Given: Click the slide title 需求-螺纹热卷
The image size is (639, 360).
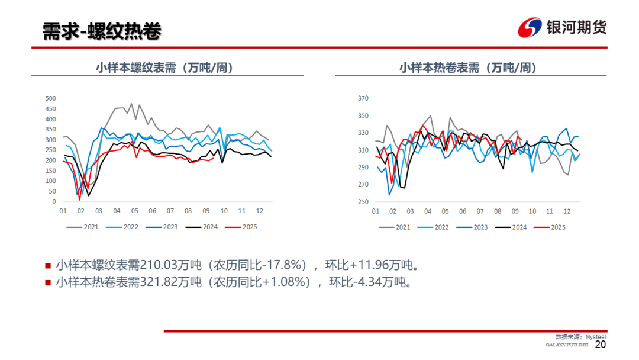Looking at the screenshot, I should tap(102, 32).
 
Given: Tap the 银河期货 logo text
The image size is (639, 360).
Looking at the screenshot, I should tap(576, 27).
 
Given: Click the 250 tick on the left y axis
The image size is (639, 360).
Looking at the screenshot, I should tap(50, 150).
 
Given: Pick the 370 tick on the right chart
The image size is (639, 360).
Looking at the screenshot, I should tap(363, 99).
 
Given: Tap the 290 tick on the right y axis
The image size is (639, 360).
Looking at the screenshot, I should tap(363, 168).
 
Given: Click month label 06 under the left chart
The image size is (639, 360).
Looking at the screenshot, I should tap(152, 211).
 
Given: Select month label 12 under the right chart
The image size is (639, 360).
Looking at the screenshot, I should tap(567, 211).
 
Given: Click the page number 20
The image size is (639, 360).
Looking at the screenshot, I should tap(601, 345).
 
